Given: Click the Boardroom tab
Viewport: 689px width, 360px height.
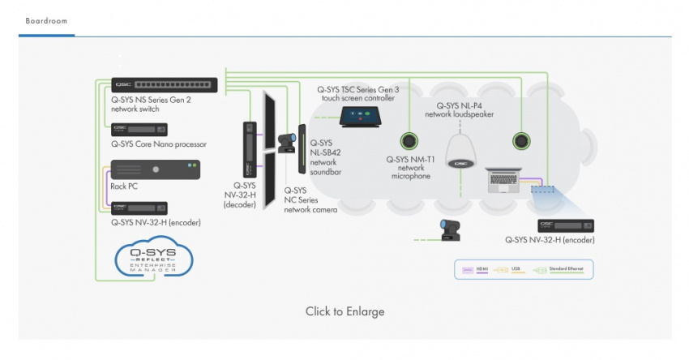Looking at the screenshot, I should point(46,20).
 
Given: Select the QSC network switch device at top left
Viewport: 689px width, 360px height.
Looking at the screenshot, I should point(165,84).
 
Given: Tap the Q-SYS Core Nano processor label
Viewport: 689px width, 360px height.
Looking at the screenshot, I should point(159,144).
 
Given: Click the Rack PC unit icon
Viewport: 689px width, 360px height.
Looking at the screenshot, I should point(154,169).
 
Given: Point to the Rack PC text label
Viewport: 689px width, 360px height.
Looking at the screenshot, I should point(123,186).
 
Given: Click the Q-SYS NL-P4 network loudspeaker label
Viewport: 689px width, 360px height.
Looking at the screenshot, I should point(464,109).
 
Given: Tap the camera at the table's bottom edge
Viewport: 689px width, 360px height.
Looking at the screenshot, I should point(447,229).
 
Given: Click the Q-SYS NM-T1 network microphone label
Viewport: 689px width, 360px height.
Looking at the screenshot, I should point(412,167).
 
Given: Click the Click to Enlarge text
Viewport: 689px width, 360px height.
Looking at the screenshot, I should point(344,311).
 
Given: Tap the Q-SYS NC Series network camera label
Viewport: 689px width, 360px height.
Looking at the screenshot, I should point(310,199).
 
